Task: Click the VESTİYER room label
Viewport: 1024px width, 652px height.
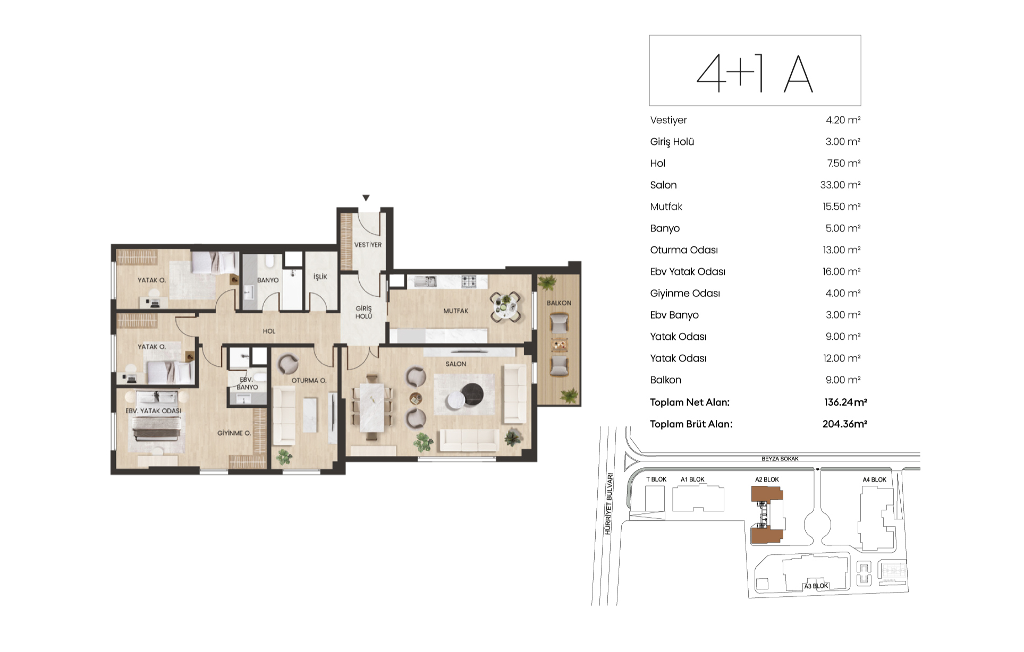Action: point(368,245)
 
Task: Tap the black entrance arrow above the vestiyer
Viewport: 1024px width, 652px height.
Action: point(366,198)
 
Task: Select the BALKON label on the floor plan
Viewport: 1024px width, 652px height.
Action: point(559,303)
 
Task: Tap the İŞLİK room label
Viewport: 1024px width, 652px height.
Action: point(320,277)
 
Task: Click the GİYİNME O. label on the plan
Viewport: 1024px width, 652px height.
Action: point(234,433)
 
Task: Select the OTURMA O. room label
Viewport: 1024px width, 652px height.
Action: point(309,380)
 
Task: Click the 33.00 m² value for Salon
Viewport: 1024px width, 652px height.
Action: point(840,185)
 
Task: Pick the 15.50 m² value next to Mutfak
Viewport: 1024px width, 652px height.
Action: point(841,207)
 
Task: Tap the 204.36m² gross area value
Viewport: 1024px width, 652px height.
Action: point(845,424)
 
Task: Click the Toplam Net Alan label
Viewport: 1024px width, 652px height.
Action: point(690,402)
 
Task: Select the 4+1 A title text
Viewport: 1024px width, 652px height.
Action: point(755,74)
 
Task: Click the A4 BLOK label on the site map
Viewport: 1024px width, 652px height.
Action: point(874,479)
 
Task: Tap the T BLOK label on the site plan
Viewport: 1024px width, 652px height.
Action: point(656,479)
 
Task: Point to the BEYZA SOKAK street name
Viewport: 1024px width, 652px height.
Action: point(780,459)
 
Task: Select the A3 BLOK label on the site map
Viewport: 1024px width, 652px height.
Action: point(816,586)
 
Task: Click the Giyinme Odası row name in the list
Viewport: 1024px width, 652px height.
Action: point(685,293)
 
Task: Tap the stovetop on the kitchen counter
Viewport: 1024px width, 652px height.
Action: point(469,281)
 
